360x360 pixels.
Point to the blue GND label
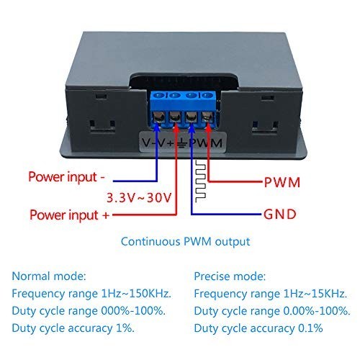[x=279, y=213]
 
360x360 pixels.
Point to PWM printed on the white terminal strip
[x=209, y=143]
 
